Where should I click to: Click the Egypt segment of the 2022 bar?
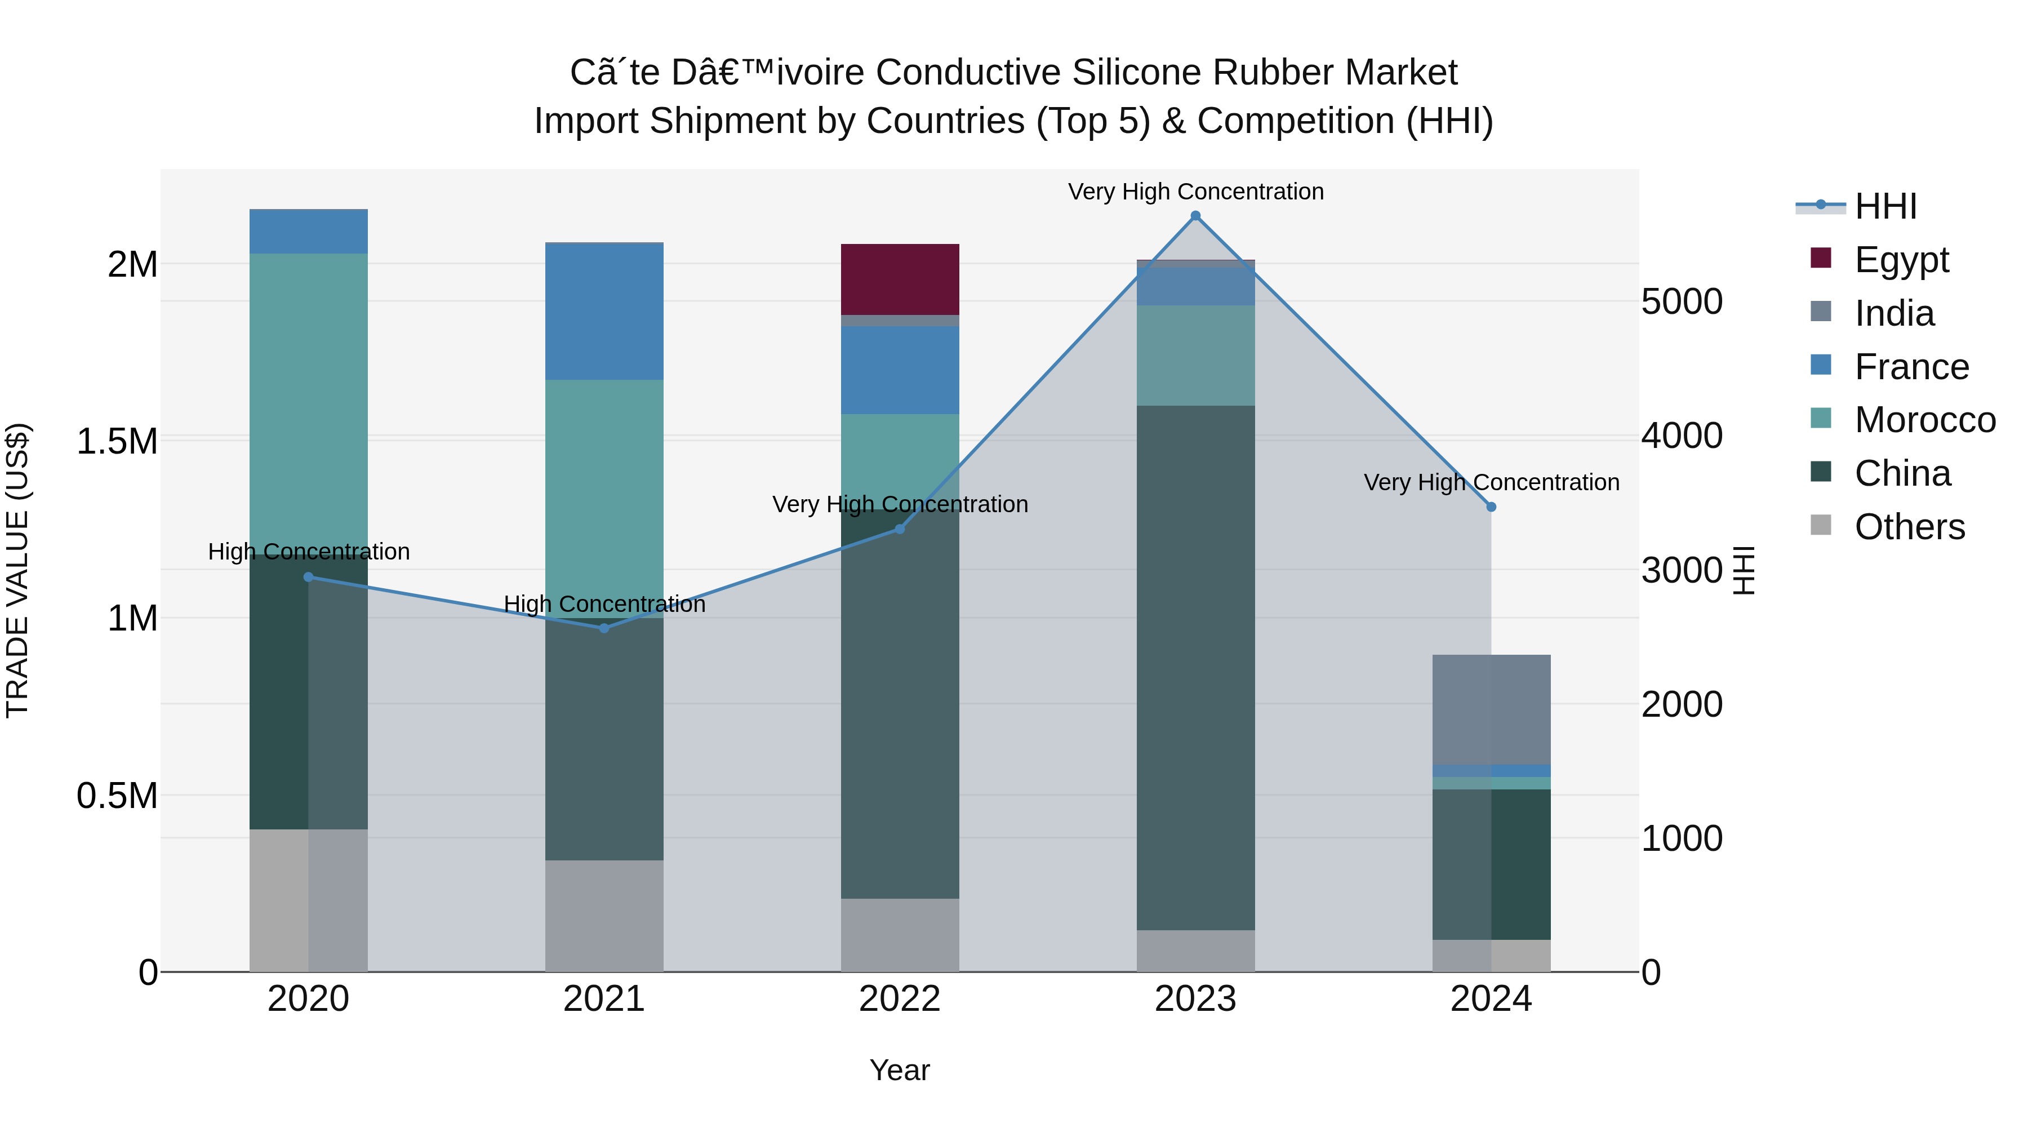tap(900, 279)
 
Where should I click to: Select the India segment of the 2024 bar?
tap(1491, 709)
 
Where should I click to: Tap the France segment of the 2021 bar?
tap(604, 313)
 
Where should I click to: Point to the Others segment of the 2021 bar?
tap(604, 915)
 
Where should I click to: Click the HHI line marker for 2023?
tap(1195, 216)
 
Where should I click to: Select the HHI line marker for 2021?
tap(604, 628)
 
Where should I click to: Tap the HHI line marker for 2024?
tap(1491, 507)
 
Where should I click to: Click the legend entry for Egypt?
tap(1901, 260)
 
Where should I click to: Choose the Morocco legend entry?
tap(1924, 420)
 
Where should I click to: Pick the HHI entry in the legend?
tap(1885, 206)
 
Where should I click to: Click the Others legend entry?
tap(1909, 527)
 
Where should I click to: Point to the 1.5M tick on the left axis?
tap(117, 441)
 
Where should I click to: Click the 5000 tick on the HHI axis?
tap(1682, 301)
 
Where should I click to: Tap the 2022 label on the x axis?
tap(900, 999)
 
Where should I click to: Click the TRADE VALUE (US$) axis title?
tap(17, 570)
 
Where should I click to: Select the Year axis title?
tap(900, 1070)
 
